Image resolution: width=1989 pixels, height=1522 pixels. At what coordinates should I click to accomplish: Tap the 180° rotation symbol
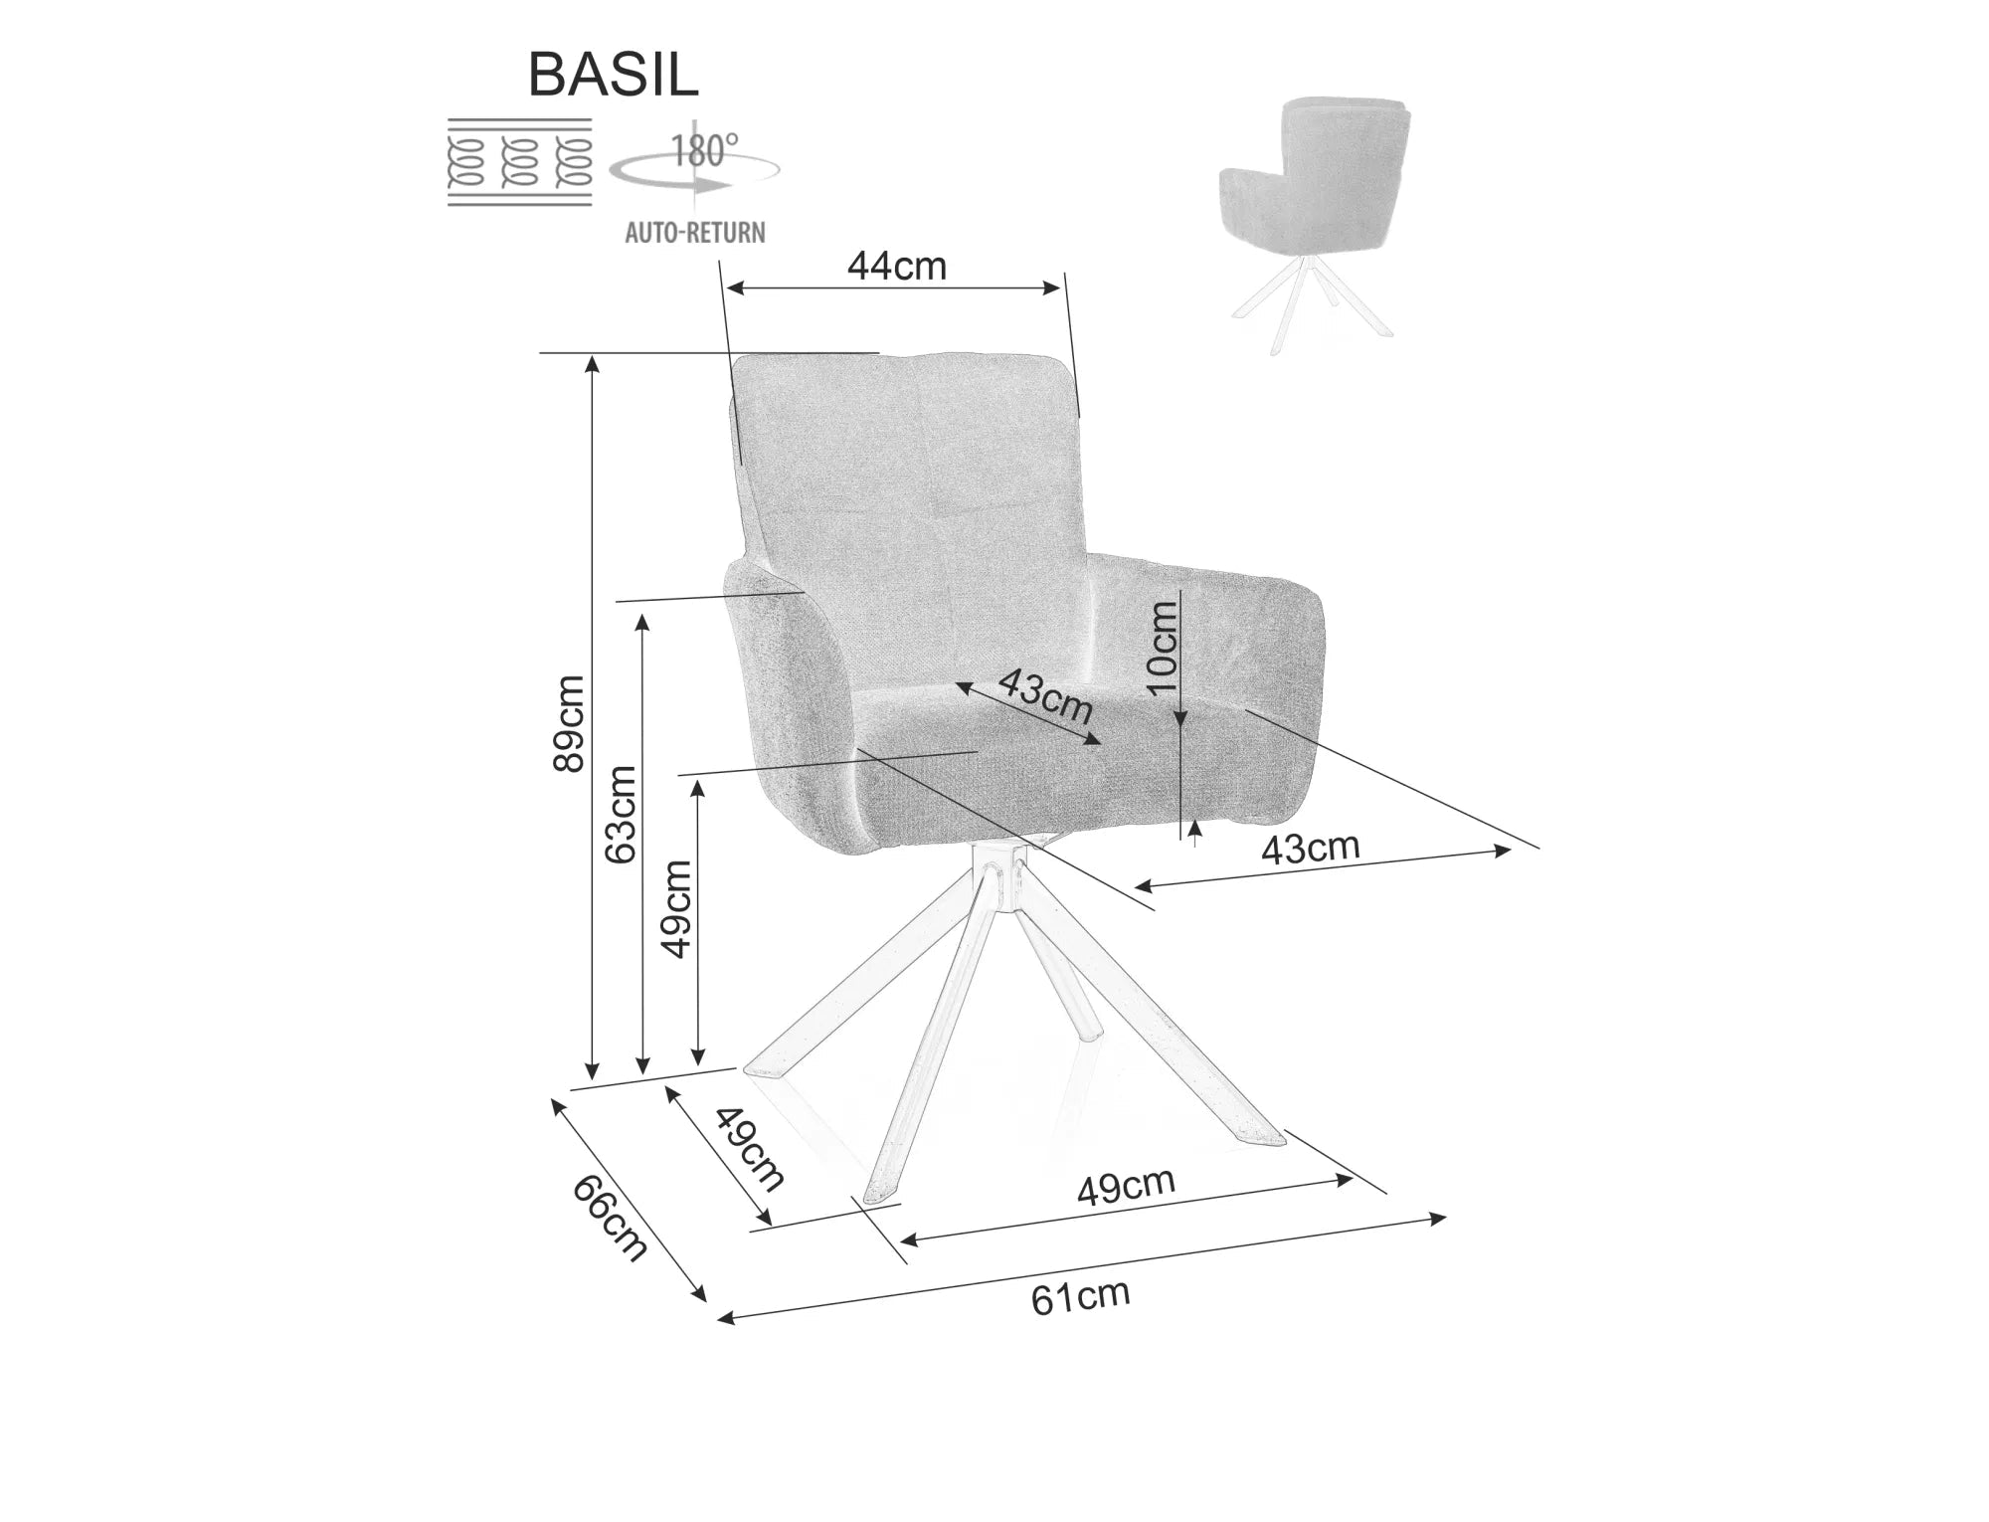[695, 164]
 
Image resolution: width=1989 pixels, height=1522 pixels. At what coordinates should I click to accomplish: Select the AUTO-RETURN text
[695, 233]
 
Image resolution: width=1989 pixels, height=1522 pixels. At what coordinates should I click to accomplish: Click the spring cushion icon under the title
[520, 162]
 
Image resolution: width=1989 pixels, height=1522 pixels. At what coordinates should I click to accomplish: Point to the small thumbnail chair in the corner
[1316, 223]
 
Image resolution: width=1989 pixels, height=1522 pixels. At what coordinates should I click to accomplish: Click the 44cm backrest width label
[896, 266]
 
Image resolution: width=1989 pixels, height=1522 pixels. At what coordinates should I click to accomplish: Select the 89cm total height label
[569, 723]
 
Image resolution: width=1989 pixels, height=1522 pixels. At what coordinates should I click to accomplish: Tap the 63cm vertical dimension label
[622, 814]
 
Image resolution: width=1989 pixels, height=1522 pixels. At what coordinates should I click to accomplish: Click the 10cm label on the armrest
[1161, 649]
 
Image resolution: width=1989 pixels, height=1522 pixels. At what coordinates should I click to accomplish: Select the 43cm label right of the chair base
[1310, 848]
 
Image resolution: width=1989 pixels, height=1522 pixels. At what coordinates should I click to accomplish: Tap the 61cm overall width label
[1080, 1297]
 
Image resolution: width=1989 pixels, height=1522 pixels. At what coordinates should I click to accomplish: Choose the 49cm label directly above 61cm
[1126, 1185]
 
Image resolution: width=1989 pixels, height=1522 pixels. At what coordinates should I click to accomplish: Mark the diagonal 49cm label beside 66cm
[748, 1148]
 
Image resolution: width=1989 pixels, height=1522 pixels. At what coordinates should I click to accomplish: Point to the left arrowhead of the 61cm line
[725, 1319]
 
